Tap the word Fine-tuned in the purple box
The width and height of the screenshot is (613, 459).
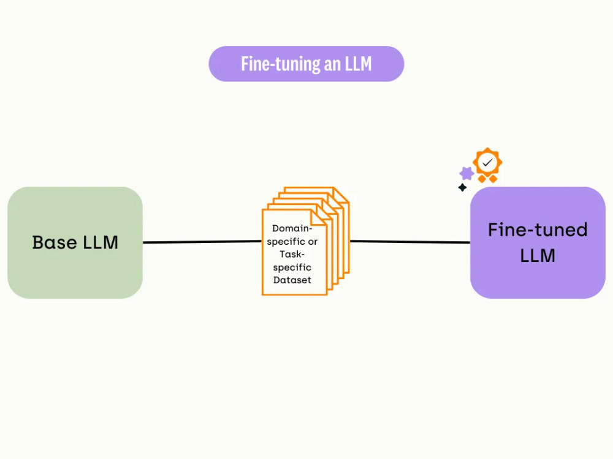[538, 230]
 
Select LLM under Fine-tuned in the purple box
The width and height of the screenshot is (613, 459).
[538, 255]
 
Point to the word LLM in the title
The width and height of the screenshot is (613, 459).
[358, 64]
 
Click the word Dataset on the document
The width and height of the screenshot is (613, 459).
[292, 280]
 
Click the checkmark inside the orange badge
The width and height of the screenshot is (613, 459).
[488, 162]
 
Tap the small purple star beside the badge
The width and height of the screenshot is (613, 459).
[466, 173]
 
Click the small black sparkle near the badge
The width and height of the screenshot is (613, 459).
[462, 187]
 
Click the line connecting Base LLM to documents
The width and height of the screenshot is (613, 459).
[202, 242]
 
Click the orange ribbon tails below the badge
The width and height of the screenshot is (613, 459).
[487, 179]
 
